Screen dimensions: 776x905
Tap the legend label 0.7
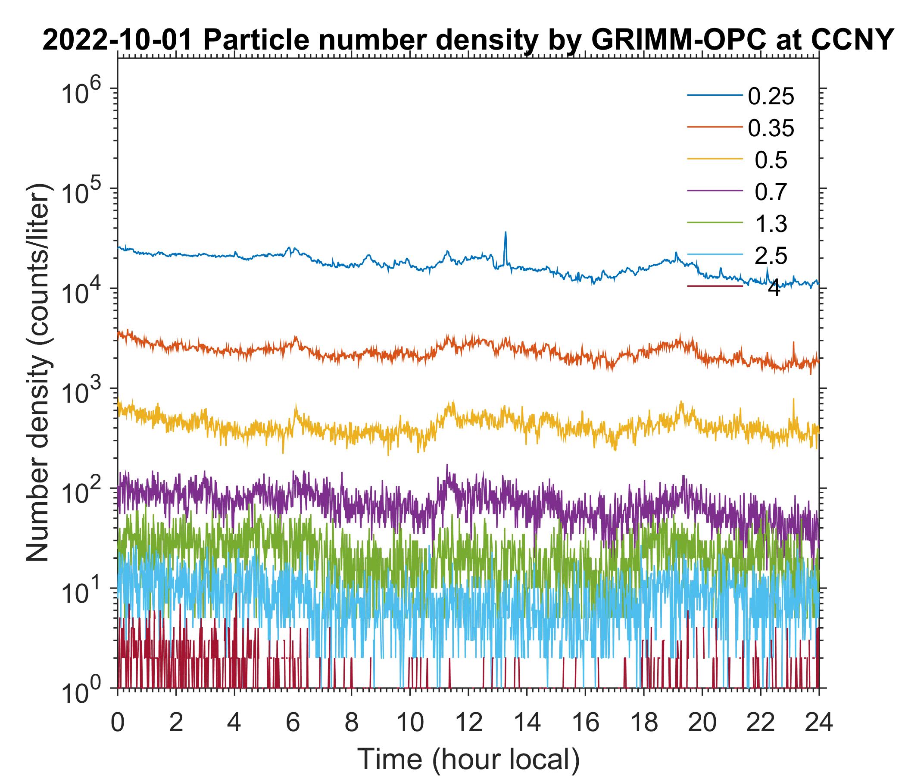(x=771, y=192)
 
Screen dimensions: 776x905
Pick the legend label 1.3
(x=771, y=224)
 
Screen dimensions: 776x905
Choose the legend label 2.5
(x=771, y=256)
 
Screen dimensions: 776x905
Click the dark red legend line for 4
(x=715, y=287)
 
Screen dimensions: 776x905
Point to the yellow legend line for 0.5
(x=715, y=160)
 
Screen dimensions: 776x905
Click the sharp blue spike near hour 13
(x=506, y=234)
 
